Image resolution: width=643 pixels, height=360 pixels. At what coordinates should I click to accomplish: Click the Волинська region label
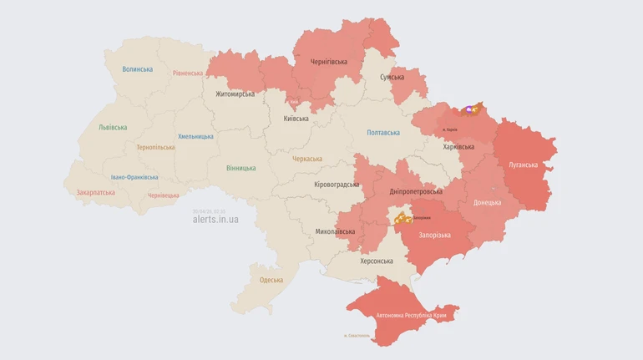pos(137,69)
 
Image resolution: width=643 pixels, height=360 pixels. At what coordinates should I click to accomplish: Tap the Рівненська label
pos(188,73)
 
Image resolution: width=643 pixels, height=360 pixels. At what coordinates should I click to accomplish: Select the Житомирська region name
pos(235,94)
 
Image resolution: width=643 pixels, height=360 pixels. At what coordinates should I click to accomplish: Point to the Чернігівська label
pos(329,62)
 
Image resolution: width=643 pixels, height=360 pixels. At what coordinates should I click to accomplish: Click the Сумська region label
pos(392,77)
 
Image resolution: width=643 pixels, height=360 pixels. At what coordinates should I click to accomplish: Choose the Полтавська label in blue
pos(383,132)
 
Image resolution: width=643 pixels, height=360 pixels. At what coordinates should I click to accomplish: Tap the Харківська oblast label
pos(458,147)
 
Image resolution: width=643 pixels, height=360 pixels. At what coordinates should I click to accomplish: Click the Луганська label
pos(524,165)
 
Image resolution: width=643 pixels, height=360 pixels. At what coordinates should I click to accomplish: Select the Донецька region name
pos(487,202)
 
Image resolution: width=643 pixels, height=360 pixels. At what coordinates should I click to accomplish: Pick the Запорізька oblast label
pos(434,235)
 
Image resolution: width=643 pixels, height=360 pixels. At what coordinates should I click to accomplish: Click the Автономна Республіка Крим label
pos(411,315)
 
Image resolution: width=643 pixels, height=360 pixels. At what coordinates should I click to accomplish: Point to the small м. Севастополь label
pos(357,336)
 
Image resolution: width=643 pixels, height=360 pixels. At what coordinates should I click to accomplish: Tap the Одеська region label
pos(271,280)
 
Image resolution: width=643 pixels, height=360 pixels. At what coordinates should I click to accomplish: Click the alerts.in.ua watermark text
pos(215,220)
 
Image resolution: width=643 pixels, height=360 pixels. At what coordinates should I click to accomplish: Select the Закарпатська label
pos(95,191)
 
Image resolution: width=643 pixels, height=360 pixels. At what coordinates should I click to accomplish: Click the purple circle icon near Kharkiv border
pos(469,109)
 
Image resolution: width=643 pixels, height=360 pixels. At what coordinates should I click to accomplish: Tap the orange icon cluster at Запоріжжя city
pos(403,218)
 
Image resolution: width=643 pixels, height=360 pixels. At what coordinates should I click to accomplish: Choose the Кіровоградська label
pos(336,184)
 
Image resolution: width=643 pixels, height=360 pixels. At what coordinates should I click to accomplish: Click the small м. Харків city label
pos(449,129)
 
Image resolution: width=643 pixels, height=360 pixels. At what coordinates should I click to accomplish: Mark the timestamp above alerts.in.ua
pos(209,210)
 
